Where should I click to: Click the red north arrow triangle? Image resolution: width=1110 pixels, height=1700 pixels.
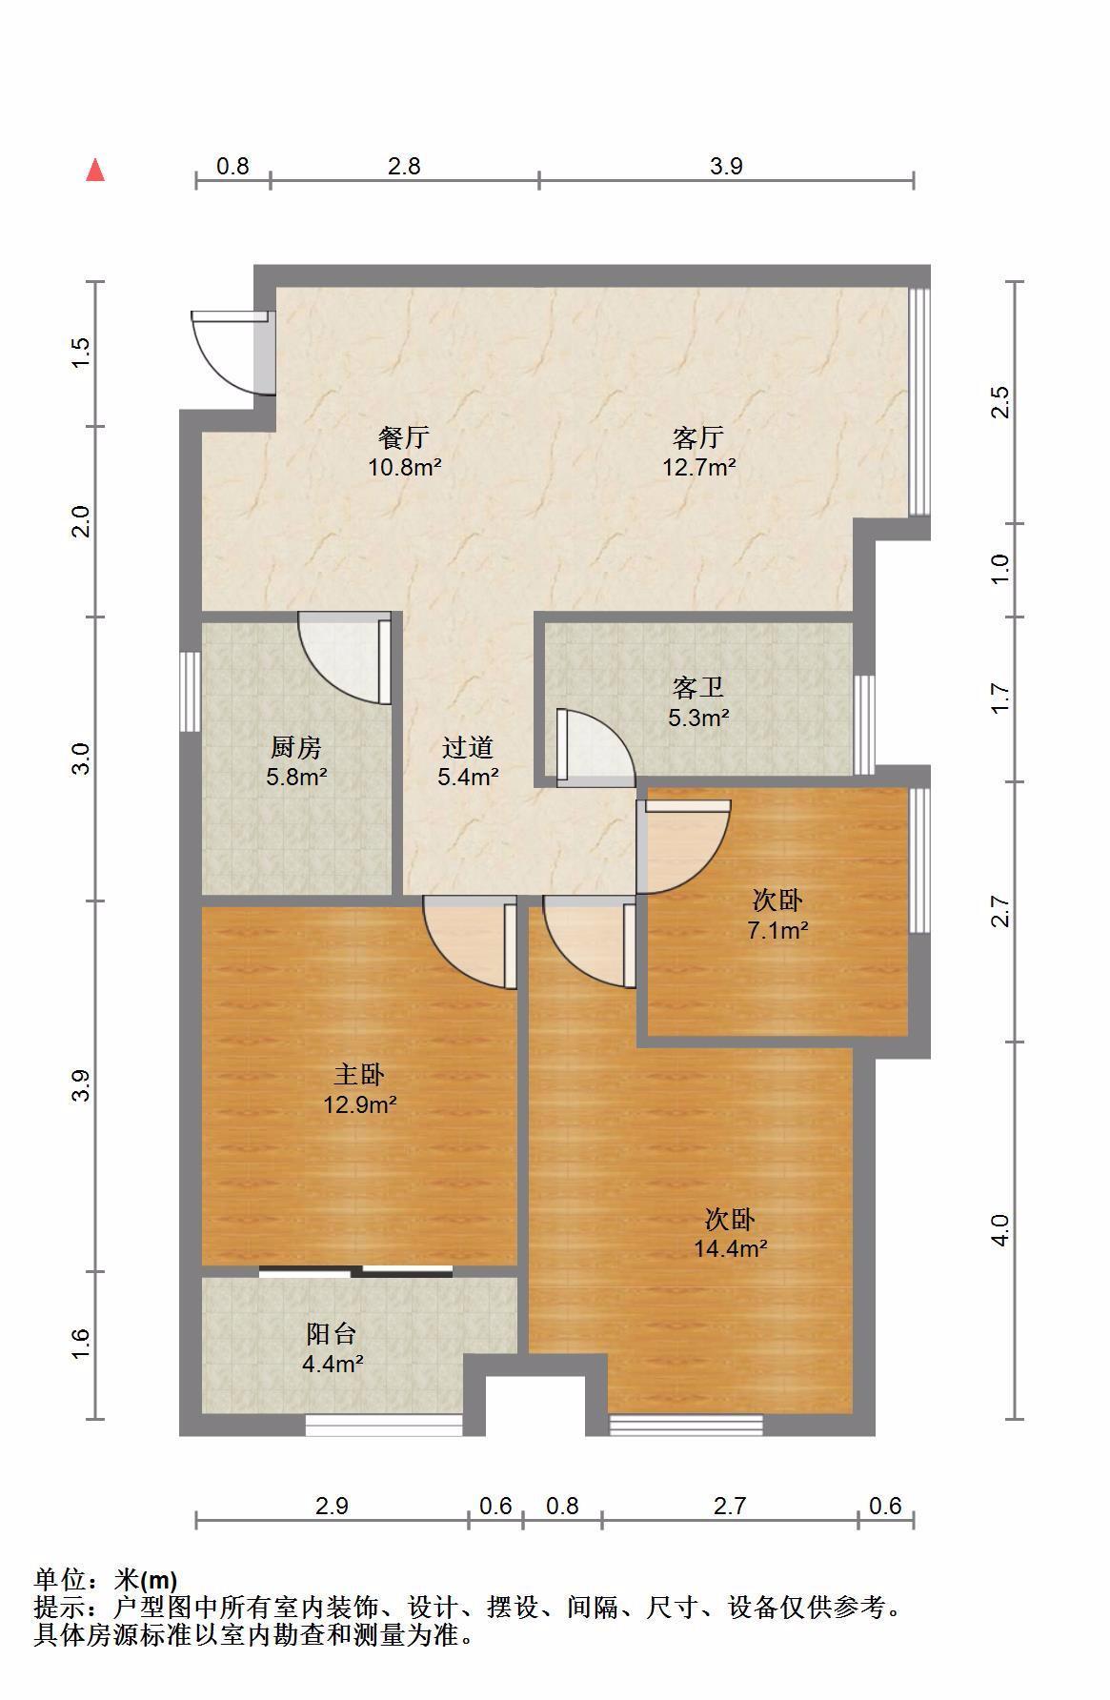pyautogui.click(x=95, y=171)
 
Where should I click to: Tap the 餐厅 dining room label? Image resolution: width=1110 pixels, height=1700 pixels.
pyautogui.click(x=404, y=438)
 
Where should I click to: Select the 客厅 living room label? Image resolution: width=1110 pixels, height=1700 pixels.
pyautogui.click(x=698, y=438)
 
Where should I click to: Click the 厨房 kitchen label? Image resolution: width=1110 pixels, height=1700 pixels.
pyautogui.click(x=296, y=748)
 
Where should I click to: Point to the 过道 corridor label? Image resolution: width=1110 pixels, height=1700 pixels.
pyautogui.click(x=468, y=748)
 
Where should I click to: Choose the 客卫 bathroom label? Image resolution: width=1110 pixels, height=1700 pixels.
pyautogui.click(x=698, y=688)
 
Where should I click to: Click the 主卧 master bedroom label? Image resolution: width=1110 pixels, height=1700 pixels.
pyautogui.click(x=359, y=1076)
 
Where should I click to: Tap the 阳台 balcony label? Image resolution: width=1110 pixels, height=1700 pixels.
pyautogui.click(x=332, y=1334)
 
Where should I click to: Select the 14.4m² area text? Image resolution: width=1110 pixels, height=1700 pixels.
pyautogui.click(x=731, y=1248)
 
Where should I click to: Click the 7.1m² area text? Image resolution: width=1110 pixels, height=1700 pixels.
pyautogui.click(x=777, y=930)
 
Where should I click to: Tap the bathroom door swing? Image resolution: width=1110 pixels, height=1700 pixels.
pyautogui.click(x=595, y=748)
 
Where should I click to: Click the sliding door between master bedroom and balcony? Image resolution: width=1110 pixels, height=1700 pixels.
pyautogui.click(x=355, y=1270)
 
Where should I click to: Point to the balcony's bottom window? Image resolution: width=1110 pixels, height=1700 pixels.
pyautogui.click(x=384, y=1426)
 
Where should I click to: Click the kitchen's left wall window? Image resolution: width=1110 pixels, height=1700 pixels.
pyautogui.click(x=191, y=692)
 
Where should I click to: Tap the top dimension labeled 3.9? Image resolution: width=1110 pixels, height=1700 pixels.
pyautogui.click(x=726, y=167)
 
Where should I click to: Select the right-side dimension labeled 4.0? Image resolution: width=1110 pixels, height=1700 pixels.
pyautogui.click(x=999, y=1230)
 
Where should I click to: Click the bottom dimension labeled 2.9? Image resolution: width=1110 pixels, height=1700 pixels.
pyautogui.click(x=332, y=1506)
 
